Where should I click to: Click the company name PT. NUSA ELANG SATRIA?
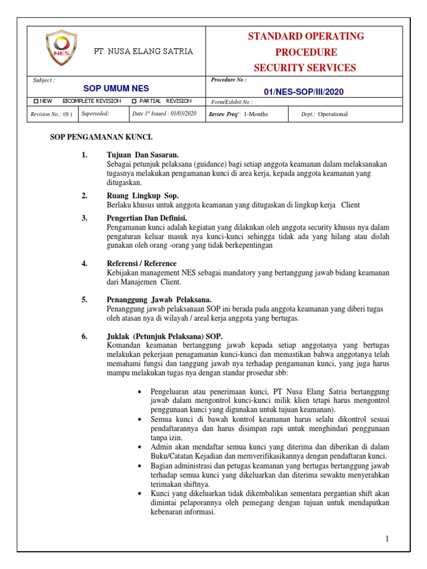(143, 51)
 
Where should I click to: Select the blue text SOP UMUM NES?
(116, 88)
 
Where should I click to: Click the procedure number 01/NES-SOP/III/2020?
(304, 91)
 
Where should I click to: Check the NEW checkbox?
(36, 102)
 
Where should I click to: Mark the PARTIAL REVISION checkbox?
(134, 102)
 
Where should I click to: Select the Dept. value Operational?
(332, 114)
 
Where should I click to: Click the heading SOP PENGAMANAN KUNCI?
(101, 137)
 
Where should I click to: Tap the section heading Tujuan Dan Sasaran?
(142, 155)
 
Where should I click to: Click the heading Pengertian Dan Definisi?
(147, 218)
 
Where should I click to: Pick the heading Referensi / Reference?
(141, 263)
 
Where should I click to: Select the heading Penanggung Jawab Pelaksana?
(158, 300)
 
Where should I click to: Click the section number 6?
(85, 336)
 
